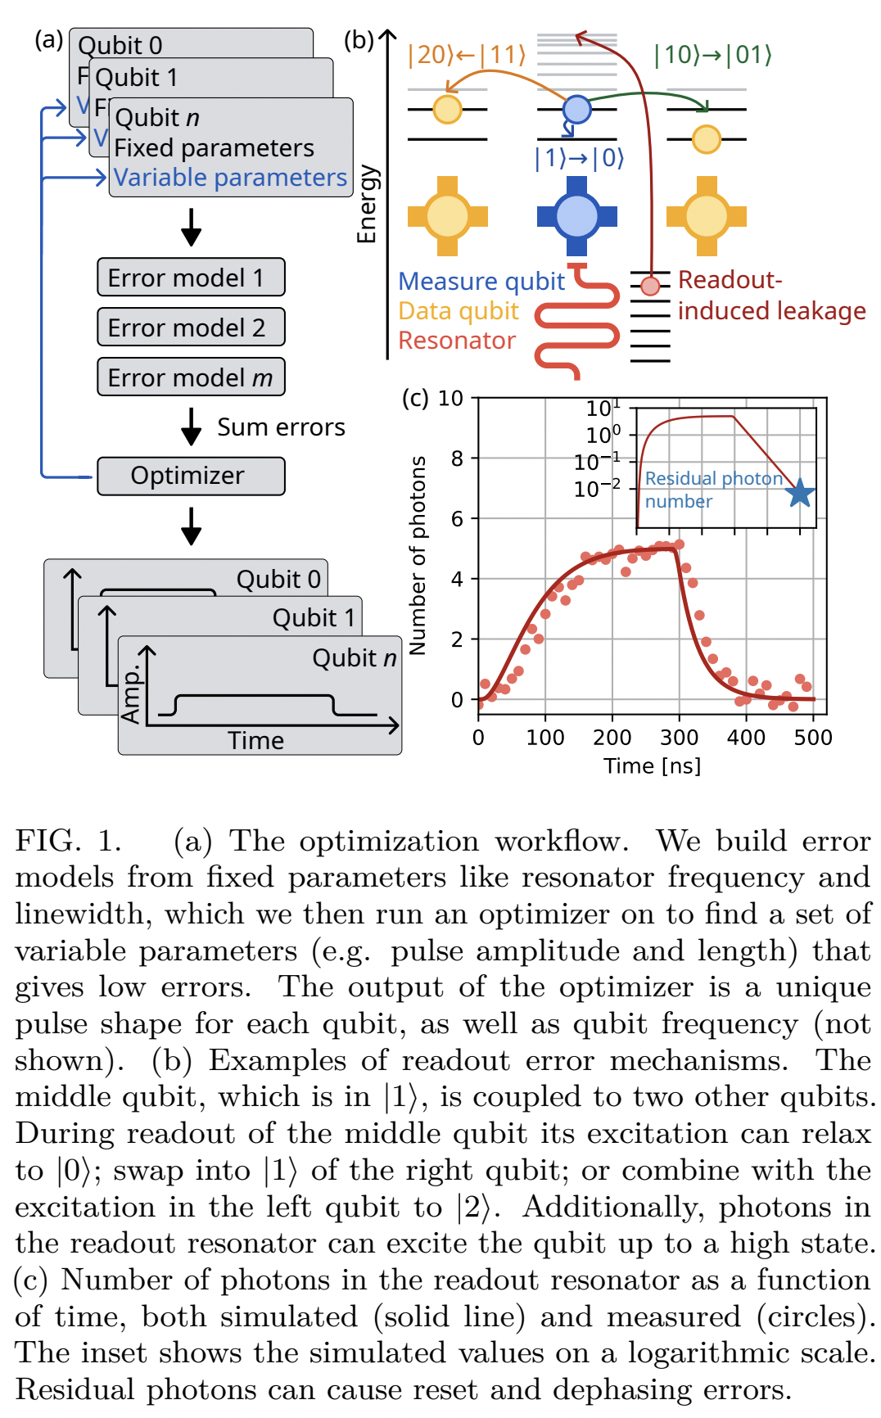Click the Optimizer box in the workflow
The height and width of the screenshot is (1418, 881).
pos(191,476)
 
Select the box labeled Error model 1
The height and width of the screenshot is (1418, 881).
pos(191,278)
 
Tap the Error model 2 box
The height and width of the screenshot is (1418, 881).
pos(191,327)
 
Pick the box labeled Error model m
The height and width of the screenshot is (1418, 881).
pos(191,377)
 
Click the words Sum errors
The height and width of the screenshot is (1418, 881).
pos(281,427)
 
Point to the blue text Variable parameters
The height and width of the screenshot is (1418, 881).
pos(230,178)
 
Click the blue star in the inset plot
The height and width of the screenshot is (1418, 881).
pos(800,493)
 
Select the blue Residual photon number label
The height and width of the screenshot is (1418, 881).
pos(712,490)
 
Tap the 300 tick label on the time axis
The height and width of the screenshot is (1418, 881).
pos(679,738)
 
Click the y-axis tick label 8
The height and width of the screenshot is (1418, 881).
pos(457,458)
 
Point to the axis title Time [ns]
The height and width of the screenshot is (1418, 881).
pos(652,766)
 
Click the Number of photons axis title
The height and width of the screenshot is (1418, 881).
pos(418,555)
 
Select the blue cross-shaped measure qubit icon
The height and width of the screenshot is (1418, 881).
pos(577,215)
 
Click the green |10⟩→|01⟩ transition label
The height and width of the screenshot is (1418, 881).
pos(712,55)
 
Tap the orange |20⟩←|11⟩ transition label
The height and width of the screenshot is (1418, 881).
pos(467,55)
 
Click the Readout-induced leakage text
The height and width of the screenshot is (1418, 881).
pos(770,296)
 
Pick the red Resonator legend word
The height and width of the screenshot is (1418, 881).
pos(457,341)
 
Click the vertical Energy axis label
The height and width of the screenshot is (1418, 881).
pos(366,204)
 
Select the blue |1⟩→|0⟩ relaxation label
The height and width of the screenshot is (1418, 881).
pos(579,157)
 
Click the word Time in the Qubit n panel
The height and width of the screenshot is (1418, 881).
pos(255,740)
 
